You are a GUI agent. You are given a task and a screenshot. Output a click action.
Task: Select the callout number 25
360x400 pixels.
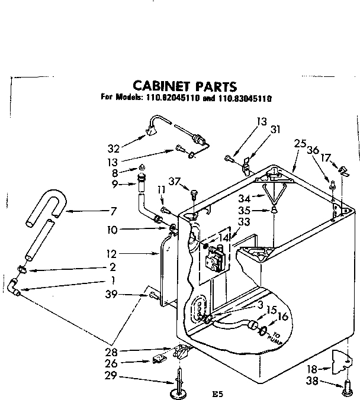299,144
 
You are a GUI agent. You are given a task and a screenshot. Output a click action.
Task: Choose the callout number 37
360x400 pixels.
173,180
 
